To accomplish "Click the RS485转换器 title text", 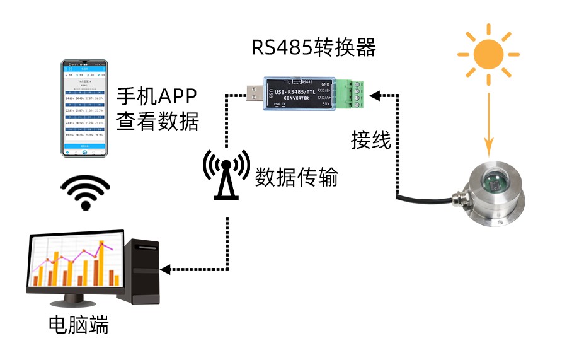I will [x=314, y=48].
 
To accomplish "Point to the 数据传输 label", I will [x=296, y=178].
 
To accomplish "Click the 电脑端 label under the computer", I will [x=79, y=325].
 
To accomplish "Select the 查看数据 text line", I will [x=157, y=120].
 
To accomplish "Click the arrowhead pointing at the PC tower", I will [x=166, y=269].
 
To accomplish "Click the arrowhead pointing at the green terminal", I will [x=375, y=96].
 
